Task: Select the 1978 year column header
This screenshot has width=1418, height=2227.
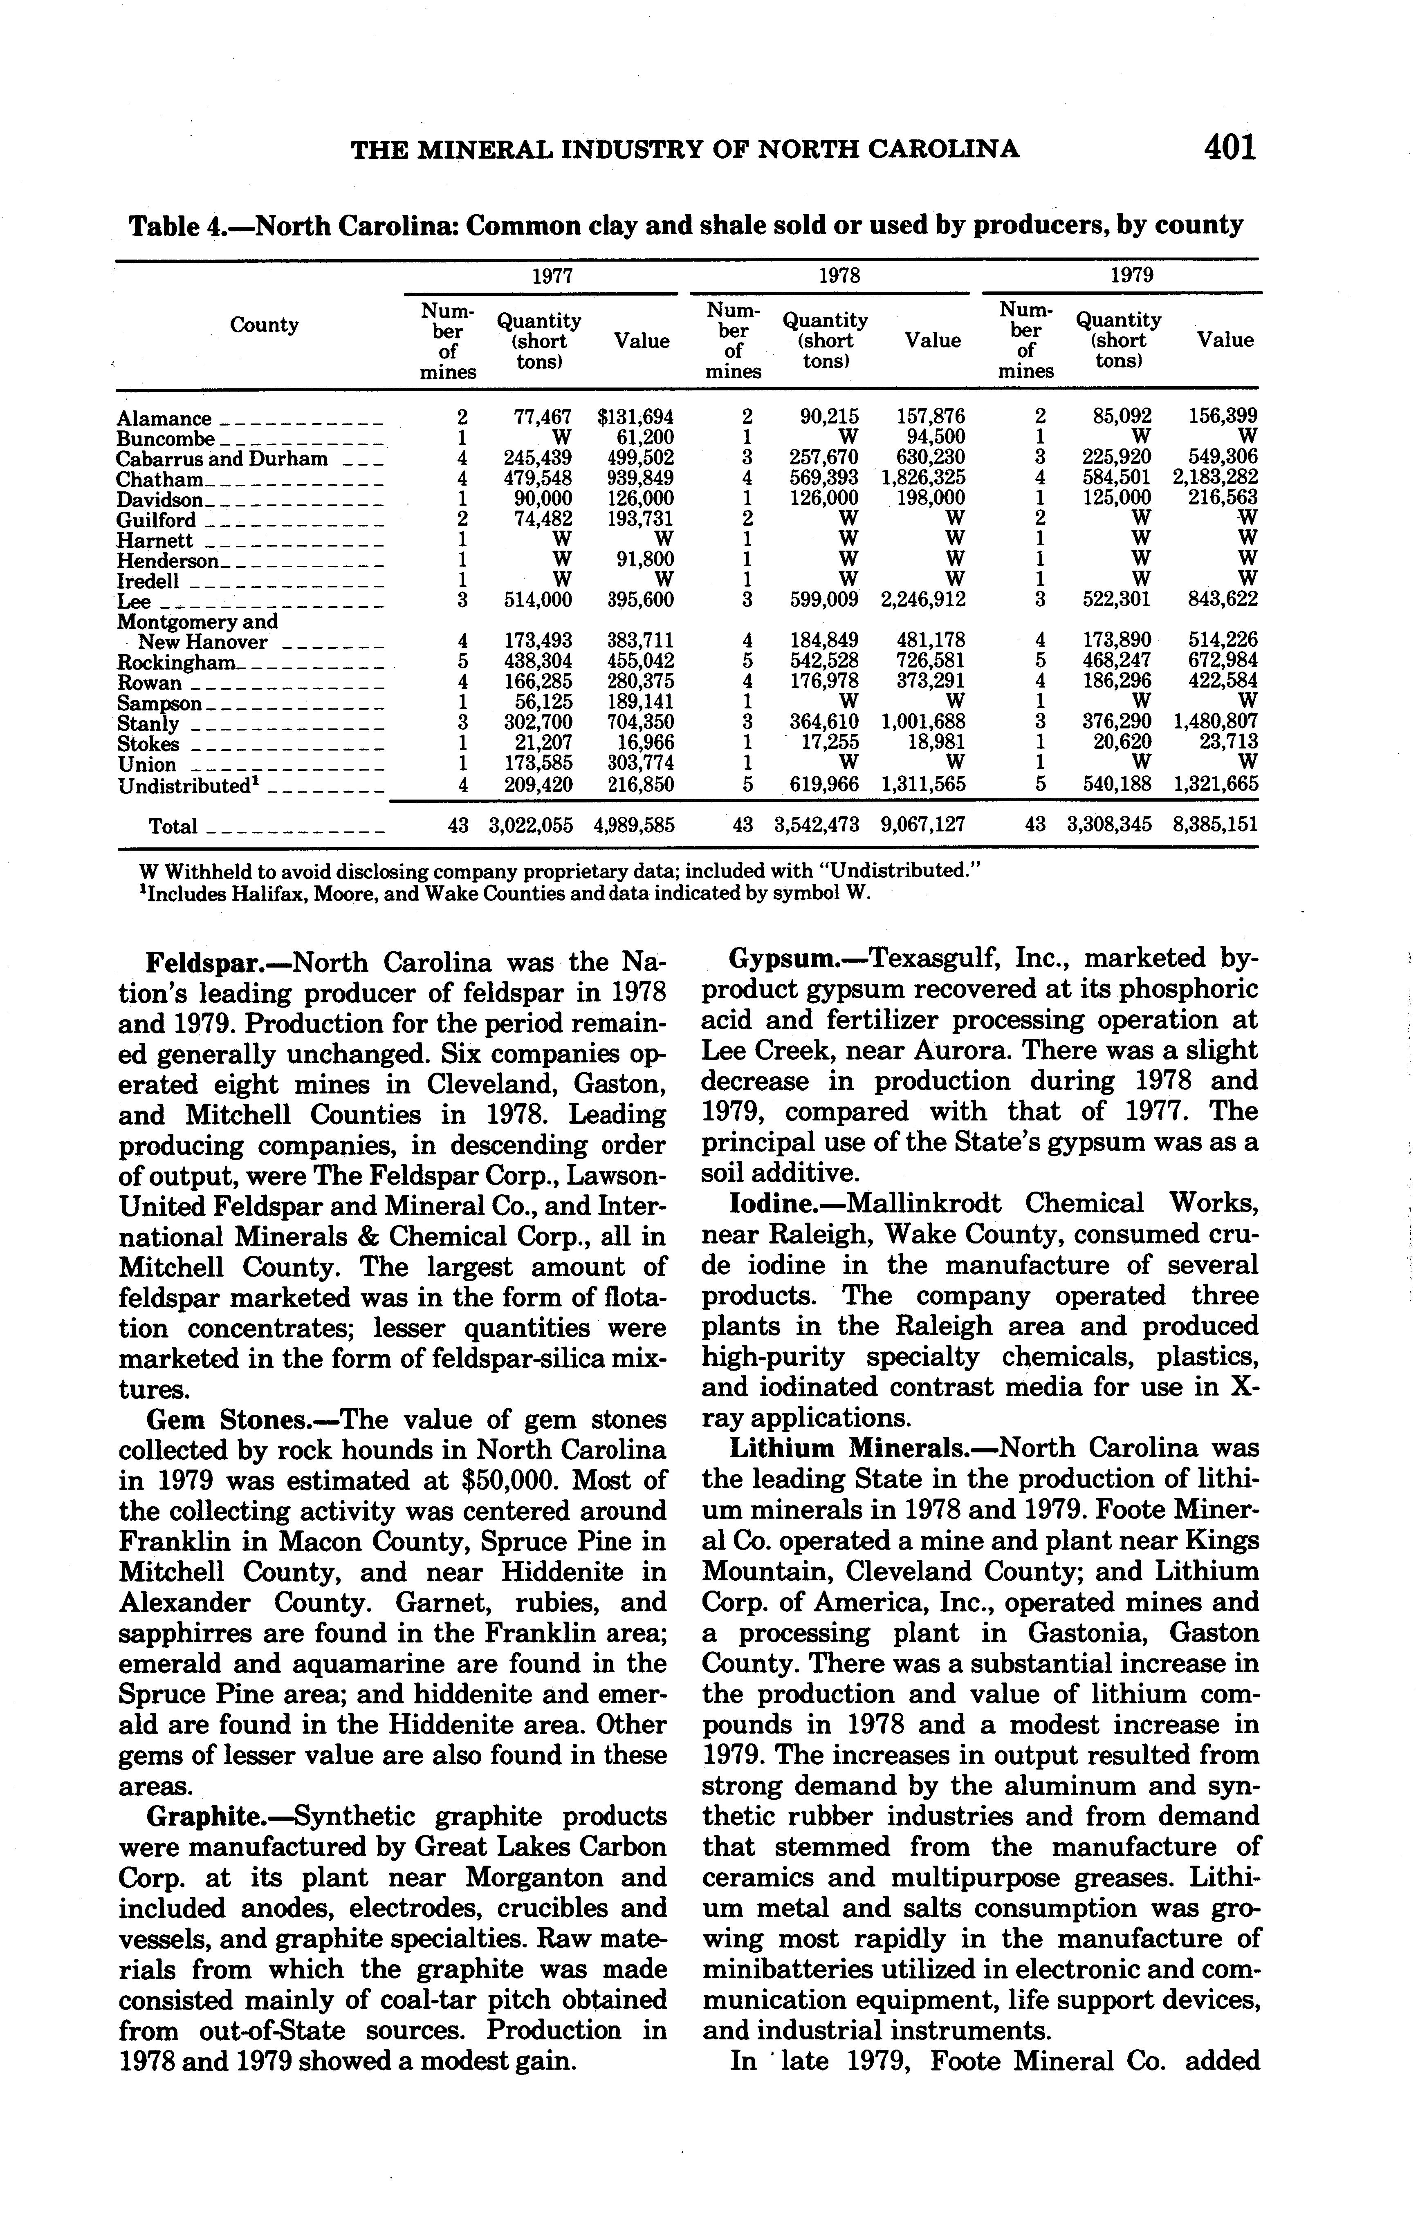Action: point(839,276)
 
